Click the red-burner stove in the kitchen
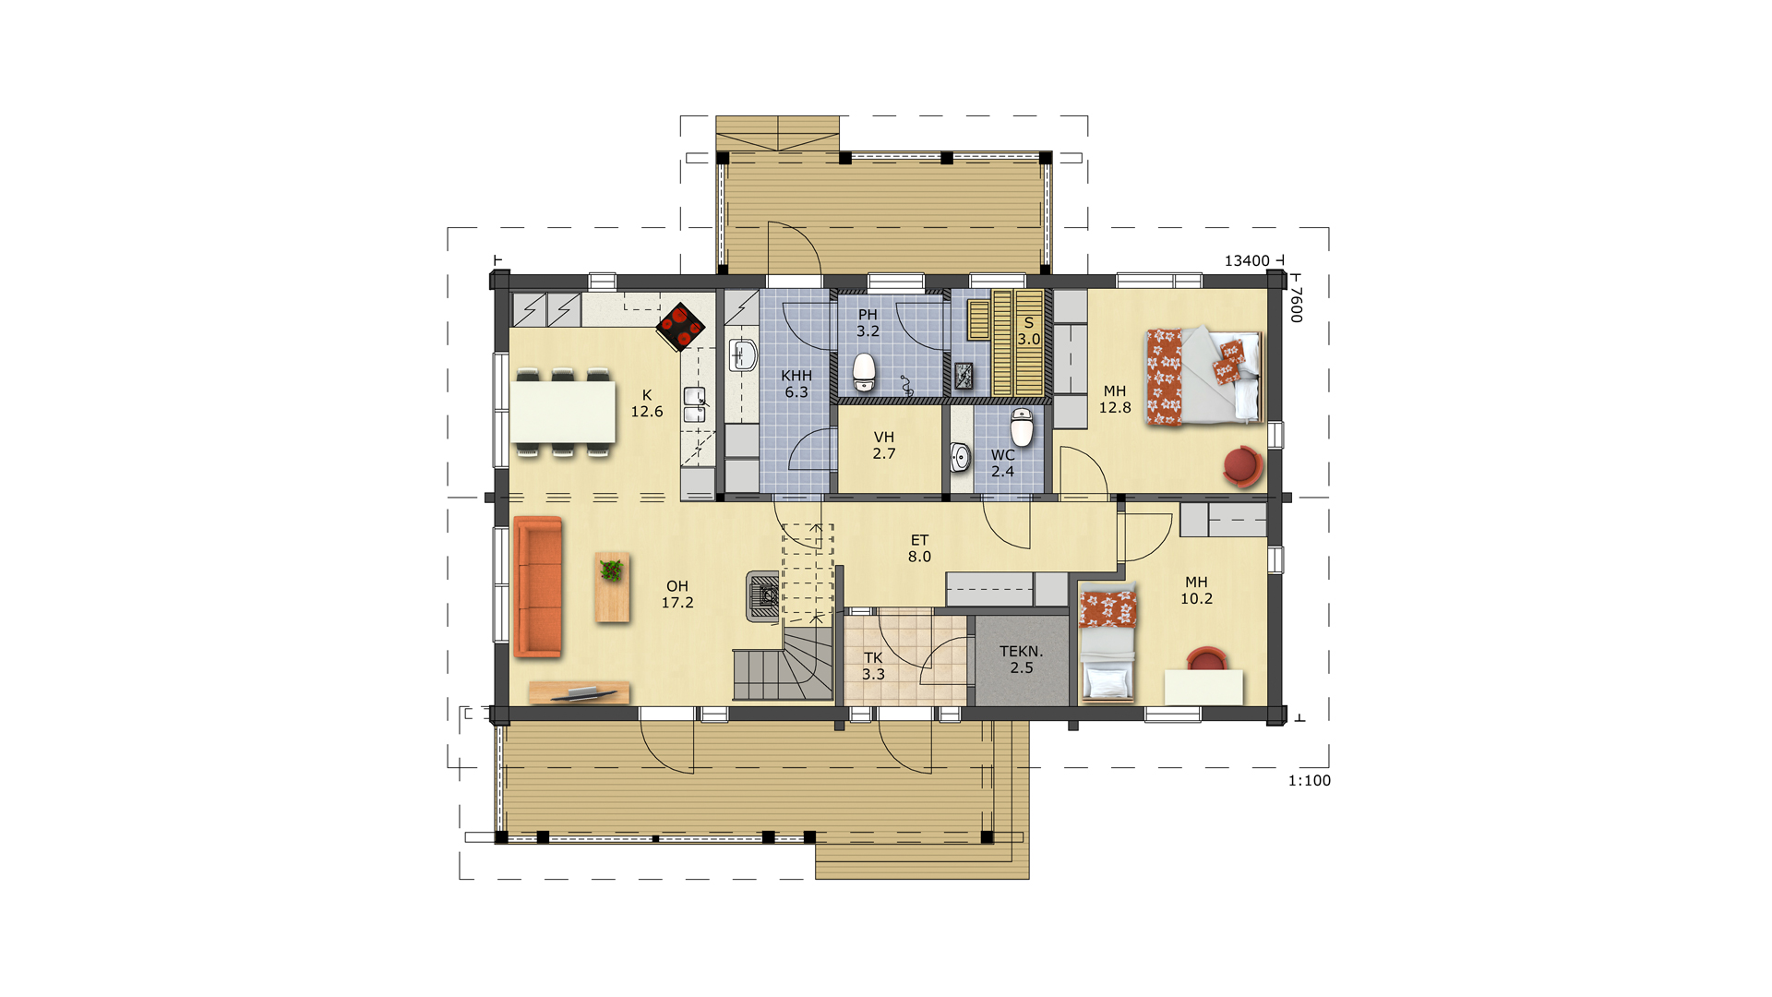tap(681, 327)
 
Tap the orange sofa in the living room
tap(538, 587)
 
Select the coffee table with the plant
tap(612, 587)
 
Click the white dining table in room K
tap(563, 412)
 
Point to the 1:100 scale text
tap(1310, 780)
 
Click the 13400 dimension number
tap(1247, 260)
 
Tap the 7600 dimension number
tap(1296, 304)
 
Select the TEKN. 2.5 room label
tap(1022, 659)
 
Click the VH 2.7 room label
tap(884, 445)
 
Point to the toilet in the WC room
tap(1022, 427)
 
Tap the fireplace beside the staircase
tap(764, 596)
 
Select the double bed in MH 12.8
tap(1203, 377)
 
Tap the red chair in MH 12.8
tap(1242, 467)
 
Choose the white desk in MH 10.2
tap(1203, 688)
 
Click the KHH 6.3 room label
tap(796, 384)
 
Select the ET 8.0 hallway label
tap(919, 548)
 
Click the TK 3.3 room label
tap(873, 666)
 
